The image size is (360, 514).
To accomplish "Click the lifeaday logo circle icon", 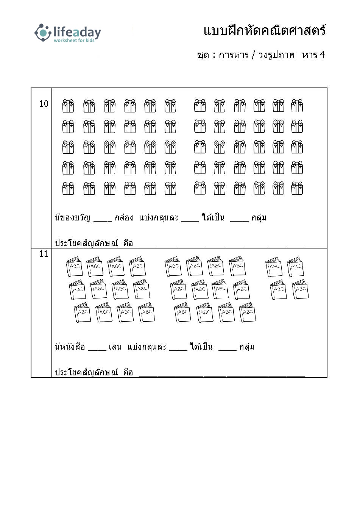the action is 43,33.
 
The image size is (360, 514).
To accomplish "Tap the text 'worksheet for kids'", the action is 74,41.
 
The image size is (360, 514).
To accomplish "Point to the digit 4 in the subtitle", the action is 322,55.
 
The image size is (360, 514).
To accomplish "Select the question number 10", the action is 44,104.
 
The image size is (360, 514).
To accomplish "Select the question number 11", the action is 44,254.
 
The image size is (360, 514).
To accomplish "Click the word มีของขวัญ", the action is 73,217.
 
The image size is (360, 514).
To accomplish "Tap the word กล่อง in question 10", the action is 124,217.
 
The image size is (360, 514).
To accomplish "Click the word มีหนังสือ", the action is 70,347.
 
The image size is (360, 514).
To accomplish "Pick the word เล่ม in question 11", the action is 115,347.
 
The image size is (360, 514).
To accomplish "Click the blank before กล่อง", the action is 103,221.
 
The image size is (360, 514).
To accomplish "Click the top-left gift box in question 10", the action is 68,106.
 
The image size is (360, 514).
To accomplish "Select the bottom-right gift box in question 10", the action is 297,188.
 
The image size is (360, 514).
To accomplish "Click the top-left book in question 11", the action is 74,266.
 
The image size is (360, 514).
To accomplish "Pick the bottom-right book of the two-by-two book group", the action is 300,289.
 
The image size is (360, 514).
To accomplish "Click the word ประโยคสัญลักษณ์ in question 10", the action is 86,243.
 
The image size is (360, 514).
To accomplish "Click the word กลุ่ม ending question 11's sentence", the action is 247,347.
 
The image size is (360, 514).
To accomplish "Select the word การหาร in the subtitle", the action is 234,55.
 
